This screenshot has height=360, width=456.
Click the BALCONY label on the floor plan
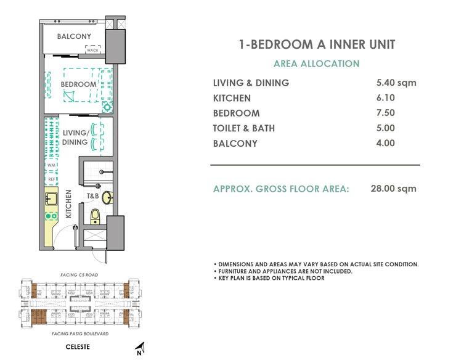(x=74, y=37)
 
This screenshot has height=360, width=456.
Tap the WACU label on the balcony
(x=93, y=51)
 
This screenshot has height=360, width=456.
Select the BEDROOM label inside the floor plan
(x=78, y=84)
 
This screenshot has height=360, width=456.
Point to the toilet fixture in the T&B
(x=95, y=216)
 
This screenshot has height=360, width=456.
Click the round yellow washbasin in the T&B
(x=107, y=197)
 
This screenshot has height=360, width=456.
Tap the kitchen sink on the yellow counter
(x=51, y=199)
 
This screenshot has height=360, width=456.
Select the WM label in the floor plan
(x=51, y=166)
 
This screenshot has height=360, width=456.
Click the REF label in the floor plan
(x=51, y=179)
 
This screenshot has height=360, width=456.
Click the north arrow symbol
(x=140, y=348)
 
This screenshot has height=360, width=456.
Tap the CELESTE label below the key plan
(x=78, y=347)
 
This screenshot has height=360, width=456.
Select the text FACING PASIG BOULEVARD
(x=77, y=333)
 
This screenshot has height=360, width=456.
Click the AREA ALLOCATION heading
(x=316, y=63)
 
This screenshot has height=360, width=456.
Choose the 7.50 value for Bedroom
(x=385, y=113)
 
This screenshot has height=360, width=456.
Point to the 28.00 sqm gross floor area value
(x=394, y=189)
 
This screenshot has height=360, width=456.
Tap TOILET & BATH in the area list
(x=244, y=128)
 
